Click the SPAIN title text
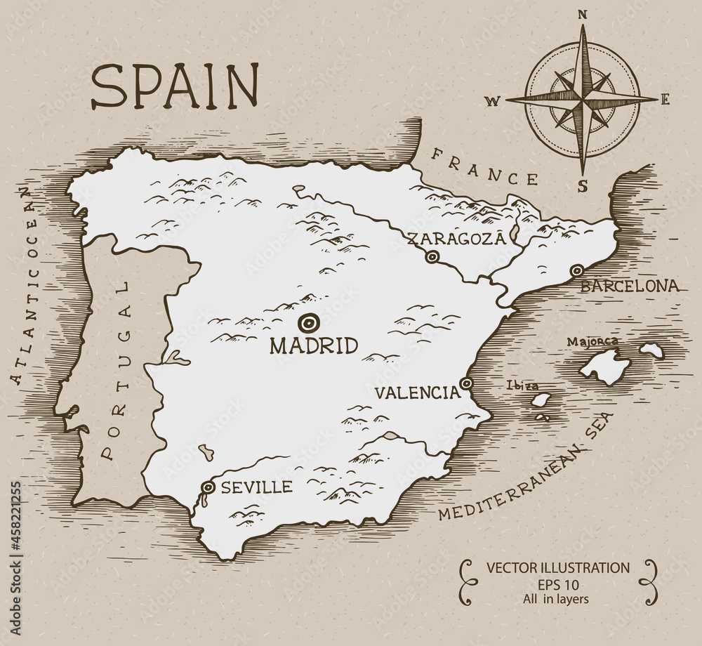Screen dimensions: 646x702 [x=175, y=86]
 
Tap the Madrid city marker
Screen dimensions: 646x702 [x=307, y=323]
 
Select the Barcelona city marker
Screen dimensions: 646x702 [x=576, y=270]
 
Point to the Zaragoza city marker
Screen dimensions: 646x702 [x=432, y=257]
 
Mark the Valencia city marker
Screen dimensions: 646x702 [x=466, y=383]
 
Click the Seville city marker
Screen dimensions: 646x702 [x=208, y=487]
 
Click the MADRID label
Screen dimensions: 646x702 [x=314, y=345]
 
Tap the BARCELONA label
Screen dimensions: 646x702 [x=630, y=286]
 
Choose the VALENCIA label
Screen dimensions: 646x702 [x=416, y=393]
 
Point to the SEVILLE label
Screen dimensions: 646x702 [x=256, y=487]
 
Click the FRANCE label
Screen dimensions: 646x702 [x=485, y=166]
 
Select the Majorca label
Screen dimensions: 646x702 [x=592, y=342]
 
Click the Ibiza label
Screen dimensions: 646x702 [x=523, y=385]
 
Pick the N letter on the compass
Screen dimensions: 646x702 [x=582, y=14]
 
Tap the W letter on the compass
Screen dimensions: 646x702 [x=492, y=101]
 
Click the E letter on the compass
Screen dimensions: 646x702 [x=665, y=99]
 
